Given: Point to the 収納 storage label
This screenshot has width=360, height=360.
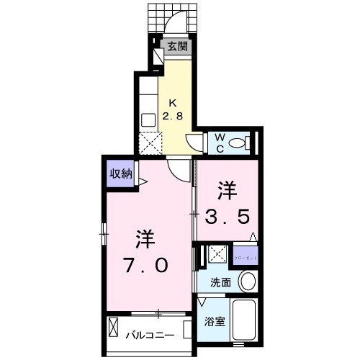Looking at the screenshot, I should pos(120,173).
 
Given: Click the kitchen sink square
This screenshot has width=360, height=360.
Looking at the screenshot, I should pos(149,120).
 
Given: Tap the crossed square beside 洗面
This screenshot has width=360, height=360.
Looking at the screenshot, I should pos(215,254).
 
